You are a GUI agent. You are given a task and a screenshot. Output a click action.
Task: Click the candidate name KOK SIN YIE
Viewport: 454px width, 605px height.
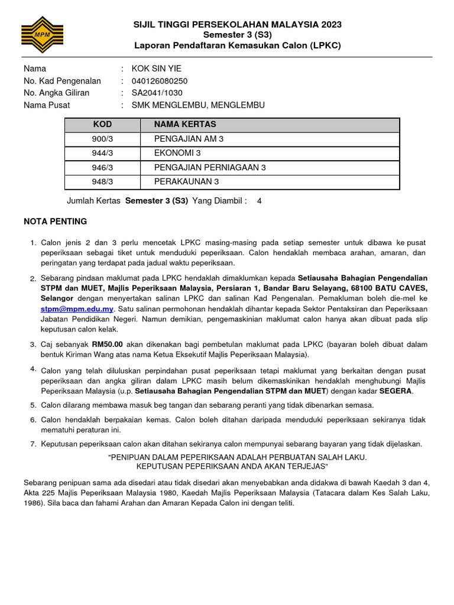pyautogui.click(x=156, y=69)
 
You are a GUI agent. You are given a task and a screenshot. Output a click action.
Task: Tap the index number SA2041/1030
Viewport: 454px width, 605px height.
pyautogui.click(x=157, y=93)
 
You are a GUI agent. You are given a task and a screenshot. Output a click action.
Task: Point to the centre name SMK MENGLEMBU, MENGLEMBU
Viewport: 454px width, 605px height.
pyautogui.click(x=198, y=105)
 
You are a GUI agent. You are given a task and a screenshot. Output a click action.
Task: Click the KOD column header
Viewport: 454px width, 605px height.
pyautogui.click(x=102, y=125)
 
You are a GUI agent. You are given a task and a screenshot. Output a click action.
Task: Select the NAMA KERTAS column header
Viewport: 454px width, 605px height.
pyautogui.click(x=185, y=125)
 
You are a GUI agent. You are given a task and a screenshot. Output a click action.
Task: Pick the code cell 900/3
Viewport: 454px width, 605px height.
pyautogui.click(x=102, y=139)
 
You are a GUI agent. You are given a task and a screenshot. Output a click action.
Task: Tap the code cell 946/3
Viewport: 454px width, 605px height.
pyautogui.click(x=102, y=167)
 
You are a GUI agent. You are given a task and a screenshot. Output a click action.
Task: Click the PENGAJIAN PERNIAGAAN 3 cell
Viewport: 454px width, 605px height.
pyautogui.click(x=210, y=167)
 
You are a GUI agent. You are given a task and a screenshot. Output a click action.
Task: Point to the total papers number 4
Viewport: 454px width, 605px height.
pyautogui.click(x=259, y=201)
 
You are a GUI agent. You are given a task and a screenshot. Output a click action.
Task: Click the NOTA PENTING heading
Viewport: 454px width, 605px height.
pyautogui.click(x=55, y=222)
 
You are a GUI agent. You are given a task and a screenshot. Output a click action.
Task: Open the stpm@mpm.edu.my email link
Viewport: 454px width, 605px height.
pyautogui.click(x=77, y=309)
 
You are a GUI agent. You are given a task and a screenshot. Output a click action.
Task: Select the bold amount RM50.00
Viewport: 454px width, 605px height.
pyautogui.click(x=107, y=344)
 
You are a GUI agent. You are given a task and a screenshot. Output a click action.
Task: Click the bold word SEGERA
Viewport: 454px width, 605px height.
pyautogui.click(x=396, y=391)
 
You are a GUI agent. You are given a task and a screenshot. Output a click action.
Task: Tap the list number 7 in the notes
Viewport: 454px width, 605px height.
pyautogui.click(x=33, y=444)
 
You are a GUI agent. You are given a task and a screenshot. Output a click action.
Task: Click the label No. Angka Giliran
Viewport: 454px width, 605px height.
pyautogui.click(x=57, y=93)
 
